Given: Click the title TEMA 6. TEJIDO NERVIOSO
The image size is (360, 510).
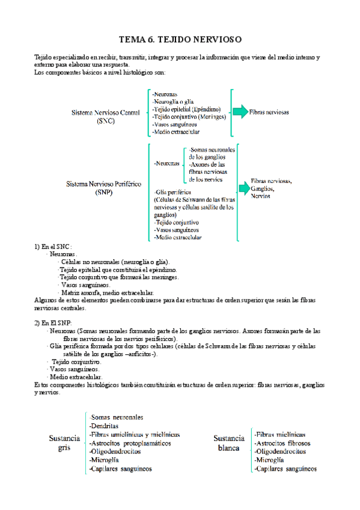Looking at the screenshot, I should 180,39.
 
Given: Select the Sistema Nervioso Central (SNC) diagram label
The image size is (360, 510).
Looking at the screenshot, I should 105,116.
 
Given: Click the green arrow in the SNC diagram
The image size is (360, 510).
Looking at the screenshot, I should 240,112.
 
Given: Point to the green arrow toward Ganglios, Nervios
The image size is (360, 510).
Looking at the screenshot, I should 243,188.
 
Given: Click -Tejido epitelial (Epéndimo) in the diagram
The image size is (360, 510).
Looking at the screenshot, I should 186,109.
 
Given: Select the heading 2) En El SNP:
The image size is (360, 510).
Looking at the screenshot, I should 53,323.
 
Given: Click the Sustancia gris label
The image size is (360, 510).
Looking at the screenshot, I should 64,443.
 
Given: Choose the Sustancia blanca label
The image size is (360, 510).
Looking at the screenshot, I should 228,443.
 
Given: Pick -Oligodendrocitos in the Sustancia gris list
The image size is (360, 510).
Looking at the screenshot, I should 115,451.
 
